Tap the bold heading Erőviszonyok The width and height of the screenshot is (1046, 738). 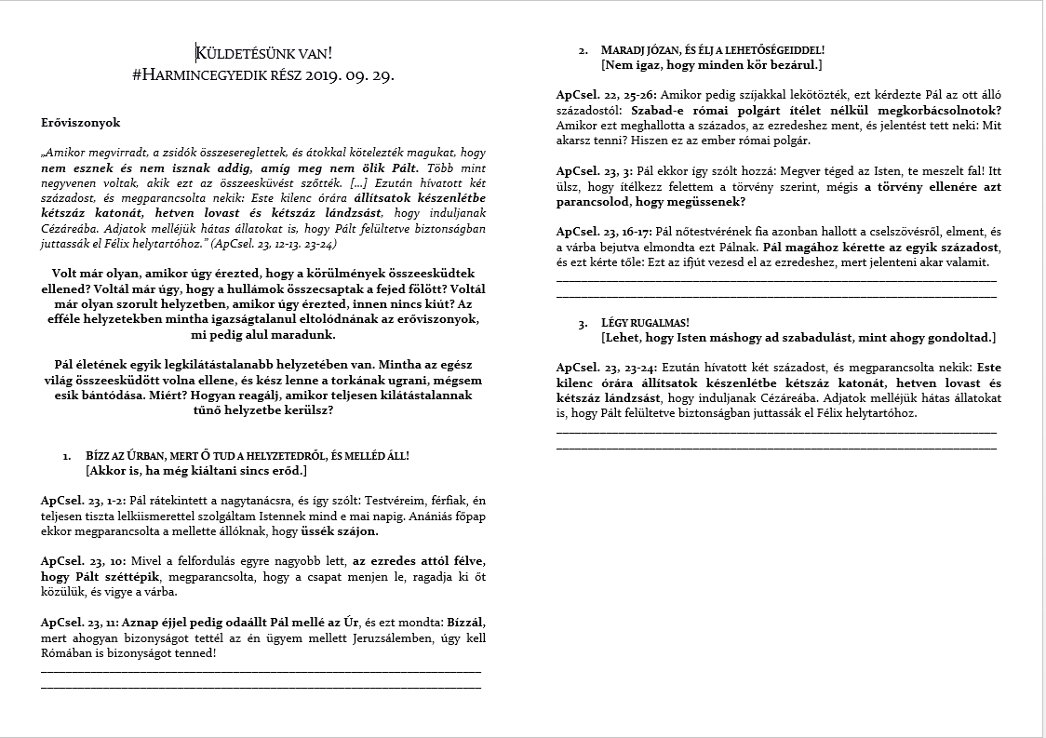pyautogui.click(x=81, y=122)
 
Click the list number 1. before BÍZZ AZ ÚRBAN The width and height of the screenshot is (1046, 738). pyautogui.click(x=66, y=456)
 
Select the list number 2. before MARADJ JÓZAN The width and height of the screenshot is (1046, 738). pyautogui.click(x=583, y=49)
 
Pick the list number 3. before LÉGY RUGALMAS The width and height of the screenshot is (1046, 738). pyautogui.click(x=583, y=323)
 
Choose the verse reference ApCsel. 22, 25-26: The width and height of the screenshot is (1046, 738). pyautogui.click(x=605, y=95)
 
